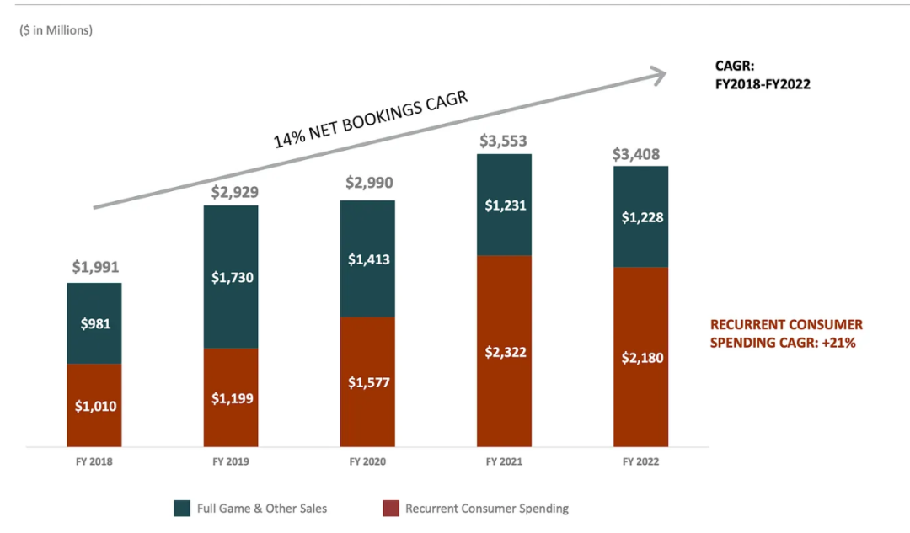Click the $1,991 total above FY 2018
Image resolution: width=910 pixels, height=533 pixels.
tap(95, 268)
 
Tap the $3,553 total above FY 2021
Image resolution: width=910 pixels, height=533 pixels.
tap(505, 140)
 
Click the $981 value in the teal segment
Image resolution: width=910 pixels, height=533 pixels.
tap(95, 323)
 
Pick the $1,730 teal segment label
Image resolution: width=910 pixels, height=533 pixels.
tap(232, 277)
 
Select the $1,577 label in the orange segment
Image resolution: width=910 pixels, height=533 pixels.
tap(368, 381)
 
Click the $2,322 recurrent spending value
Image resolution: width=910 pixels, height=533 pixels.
tap(505, 352)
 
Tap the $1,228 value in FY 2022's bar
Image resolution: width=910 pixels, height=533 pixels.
tap(641, 216)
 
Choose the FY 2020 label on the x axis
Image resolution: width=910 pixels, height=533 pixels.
tap(368, 461)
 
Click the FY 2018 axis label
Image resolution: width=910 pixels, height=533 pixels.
tap(95, 461)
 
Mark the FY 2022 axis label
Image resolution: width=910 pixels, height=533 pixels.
tap(641, 461)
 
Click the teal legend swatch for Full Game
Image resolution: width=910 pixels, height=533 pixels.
tap(182, 508)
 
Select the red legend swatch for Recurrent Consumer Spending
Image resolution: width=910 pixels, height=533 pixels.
tap(390, 508)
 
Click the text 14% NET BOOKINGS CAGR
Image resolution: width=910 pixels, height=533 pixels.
tap(371, 121)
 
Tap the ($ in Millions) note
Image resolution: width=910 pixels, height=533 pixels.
tap(56, 30)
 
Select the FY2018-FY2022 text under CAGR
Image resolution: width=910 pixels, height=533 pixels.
tap(763, 83)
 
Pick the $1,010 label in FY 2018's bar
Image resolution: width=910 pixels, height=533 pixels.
tap(95, 406)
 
